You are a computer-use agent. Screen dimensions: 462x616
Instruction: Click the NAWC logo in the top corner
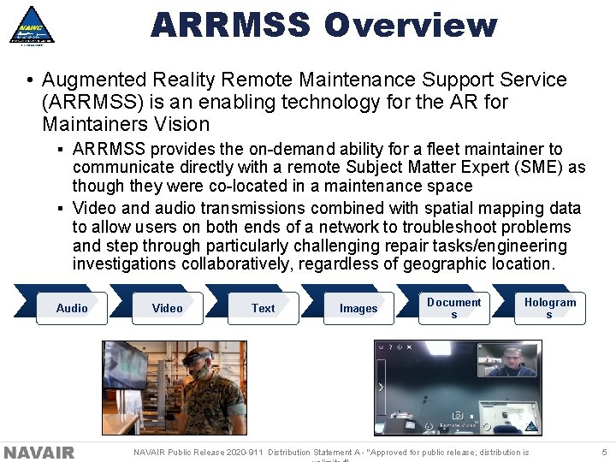32,25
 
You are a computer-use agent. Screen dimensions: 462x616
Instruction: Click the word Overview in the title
411,25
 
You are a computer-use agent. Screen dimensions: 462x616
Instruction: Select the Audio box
72,308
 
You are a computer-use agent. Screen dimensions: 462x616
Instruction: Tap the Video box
168,308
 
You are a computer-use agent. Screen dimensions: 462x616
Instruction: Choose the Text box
264,308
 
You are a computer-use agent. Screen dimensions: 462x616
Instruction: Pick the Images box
358,308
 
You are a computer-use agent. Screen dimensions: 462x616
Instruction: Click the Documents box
454,308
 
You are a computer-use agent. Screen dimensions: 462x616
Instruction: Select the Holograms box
550,308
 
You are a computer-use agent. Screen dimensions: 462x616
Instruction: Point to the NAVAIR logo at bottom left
39,453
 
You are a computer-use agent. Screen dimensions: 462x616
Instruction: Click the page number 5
604,452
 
